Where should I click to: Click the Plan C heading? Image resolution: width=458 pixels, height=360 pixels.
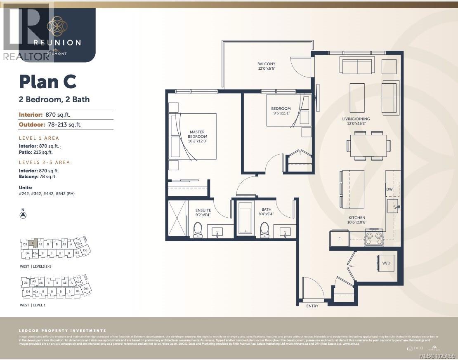[x=48, y=82]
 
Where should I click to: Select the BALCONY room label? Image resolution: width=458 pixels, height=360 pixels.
[x=266, y=66]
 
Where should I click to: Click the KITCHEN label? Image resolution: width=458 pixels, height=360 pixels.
[x=356, y=220]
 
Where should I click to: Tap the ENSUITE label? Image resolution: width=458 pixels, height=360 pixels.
[x=203, y=213]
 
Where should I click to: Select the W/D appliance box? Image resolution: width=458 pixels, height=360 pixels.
[x=387, y=263]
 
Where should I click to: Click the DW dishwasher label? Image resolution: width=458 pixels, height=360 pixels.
[x=389, y=190]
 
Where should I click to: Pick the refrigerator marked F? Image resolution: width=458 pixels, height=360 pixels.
[x=339, y=239]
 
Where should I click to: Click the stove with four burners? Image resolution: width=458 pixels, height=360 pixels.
[x=374, y=238]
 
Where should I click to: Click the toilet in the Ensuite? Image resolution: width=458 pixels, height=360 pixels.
[x=198, y=230]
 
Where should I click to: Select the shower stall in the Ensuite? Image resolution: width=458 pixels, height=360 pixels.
[x=177, y=218]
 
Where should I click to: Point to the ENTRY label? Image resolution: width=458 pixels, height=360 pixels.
[x=312, y=306]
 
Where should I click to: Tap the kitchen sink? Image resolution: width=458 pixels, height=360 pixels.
[x=392, y=205]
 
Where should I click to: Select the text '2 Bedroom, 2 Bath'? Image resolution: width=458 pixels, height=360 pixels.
[x=54, y=99]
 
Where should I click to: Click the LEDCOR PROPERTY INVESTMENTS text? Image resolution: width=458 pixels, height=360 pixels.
[x=62, y=331]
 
